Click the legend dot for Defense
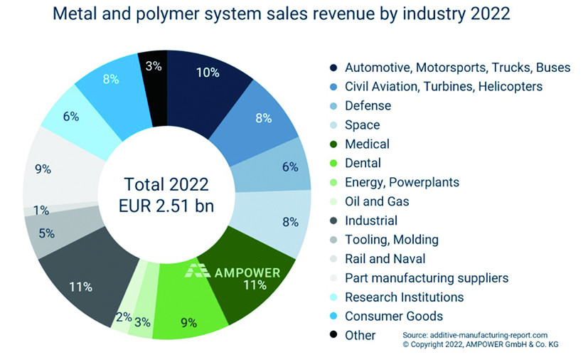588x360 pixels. tap(333, 106)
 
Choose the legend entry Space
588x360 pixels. tap(362, 125)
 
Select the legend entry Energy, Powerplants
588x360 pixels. tap(402, 182)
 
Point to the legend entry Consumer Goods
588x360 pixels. tap(393, 316)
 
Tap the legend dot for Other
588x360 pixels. tap(333, 335)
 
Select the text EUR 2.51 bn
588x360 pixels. tap(166, 207)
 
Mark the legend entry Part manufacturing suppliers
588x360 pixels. tap(427, 277)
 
